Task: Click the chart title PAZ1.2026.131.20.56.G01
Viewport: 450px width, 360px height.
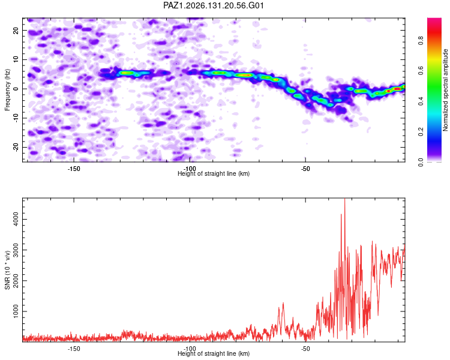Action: pos(214,5)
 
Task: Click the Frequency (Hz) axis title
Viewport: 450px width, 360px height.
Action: pos(7,90)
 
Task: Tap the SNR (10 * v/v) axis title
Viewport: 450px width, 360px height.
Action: pos(7,270)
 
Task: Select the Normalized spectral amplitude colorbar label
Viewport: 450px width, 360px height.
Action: pos(445,90)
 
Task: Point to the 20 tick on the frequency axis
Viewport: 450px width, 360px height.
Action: pos(16,31)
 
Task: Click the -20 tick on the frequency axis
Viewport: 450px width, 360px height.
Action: pos(16,147)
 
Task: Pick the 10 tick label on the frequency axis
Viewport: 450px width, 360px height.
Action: pos(16,59)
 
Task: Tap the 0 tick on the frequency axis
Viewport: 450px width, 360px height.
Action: pos(16,89)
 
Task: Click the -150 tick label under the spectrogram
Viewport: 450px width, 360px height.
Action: pos(74,169)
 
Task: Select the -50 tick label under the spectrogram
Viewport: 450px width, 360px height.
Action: pos(305,169)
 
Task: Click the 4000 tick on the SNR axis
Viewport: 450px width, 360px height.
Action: pos(16,220)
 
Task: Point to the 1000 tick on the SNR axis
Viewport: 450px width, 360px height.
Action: pos(16,311)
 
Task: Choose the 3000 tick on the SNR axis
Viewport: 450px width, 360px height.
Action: pos(16,250)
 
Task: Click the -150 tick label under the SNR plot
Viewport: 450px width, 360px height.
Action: pos(74,349)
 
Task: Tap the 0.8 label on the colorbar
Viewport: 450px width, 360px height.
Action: pos(421,41)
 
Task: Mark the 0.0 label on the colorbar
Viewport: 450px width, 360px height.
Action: pos(421,162)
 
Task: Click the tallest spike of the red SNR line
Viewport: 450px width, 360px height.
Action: pos(344,199)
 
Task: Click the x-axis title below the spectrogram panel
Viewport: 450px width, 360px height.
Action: pos(214,173)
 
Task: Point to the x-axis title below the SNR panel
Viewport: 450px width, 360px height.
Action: pos(214,353)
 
